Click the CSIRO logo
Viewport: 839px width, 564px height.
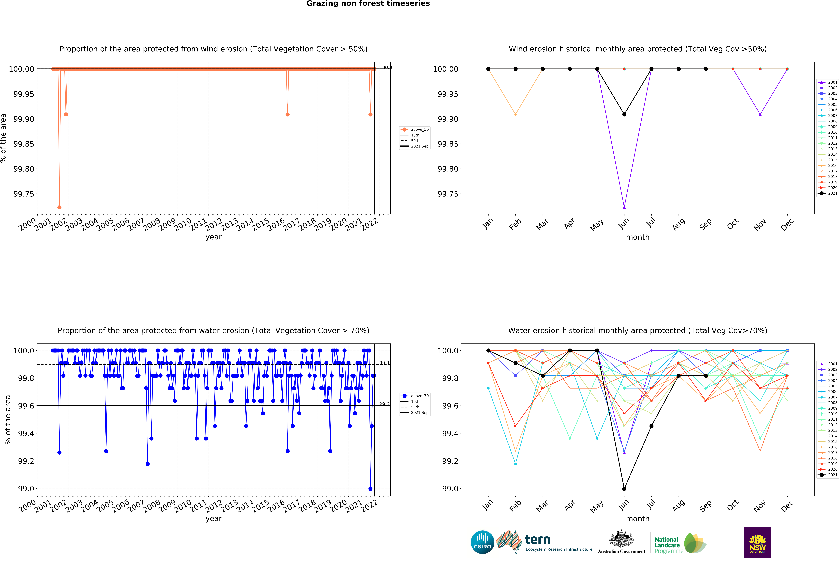pos(482,542)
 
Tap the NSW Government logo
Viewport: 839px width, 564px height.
pos(757,542)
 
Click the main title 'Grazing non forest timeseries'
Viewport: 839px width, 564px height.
pos(368,4)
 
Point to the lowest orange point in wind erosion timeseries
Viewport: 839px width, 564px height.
pos(59,207)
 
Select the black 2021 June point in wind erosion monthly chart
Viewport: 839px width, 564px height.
pos(624,114)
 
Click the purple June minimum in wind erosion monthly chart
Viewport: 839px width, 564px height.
pos(624,207)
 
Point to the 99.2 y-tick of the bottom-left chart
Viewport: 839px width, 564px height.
pos(26,461)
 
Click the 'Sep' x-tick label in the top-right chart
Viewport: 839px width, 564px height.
pos(706,224)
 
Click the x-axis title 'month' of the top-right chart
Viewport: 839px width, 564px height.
pos(638,237)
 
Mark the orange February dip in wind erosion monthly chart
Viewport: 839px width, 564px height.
pos(516,114)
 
